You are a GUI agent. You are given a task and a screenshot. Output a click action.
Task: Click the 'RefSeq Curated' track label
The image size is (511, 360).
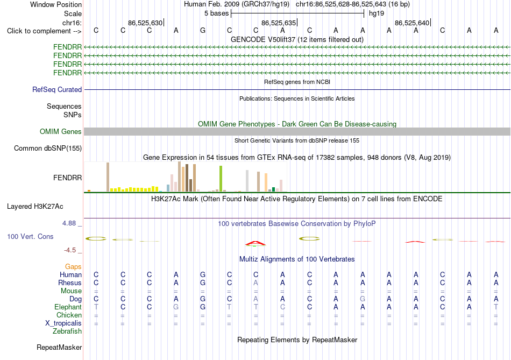[x=57, y=90]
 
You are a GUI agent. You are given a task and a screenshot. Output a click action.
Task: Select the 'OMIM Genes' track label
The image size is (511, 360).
[x=61, y=131]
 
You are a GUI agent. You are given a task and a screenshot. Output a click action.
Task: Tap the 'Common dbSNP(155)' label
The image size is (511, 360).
[x=48, y=149]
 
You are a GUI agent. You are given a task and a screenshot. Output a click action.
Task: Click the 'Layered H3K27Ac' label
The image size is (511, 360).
[x=35, y=207]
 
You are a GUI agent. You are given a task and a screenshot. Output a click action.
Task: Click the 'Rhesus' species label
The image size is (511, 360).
[x=70, y=283]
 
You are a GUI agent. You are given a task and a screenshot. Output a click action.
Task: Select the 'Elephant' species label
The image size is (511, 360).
[x=68, y=307]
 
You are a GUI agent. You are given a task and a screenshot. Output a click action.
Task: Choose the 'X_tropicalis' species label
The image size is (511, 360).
[x=63, y=323]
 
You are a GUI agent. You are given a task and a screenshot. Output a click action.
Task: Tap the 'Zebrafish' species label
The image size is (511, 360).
[x=67, y=331]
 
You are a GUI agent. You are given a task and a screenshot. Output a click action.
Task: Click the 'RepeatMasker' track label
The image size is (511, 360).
[x=59, y=348]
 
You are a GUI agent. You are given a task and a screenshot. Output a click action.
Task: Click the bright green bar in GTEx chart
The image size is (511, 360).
[x=221, y=179]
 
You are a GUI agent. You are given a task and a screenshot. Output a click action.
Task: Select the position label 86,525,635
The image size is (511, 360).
[x=279, y=23]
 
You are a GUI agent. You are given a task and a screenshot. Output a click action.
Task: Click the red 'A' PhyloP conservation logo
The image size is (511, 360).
[x=256, y=243]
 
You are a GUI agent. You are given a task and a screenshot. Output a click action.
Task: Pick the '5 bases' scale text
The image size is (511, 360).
[x=216, y=13]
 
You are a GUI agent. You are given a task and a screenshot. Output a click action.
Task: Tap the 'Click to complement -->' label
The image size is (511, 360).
[x=44, y=31]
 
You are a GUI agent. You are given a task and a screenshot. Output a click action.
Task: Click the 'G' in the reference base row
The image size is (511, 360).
[x=203, y=30]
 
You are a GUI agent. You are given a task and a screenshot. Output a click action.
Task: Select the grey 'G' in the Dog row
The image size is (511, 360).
[x=363, y=299]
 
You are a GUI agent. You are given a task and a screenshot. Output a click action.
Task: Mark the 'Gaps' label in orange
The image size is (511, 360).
[x=73, y=267]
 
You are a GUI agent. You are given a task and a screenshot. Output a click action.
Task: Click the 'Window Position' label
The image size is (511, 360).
[x=56, y=4]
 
